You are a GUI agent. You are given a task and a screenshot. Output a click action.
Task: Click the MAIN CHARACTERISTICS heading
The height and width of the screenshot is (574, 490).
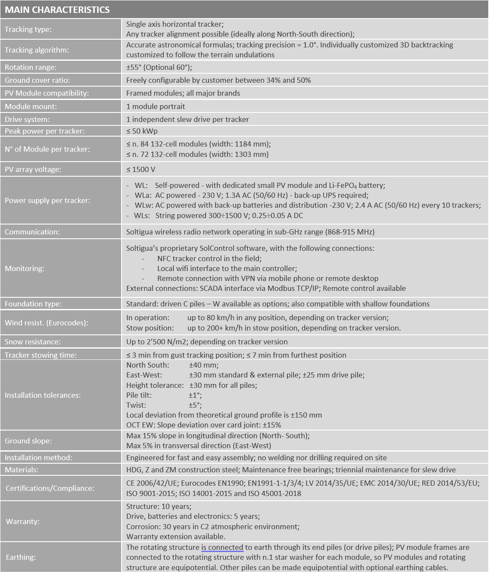point(57,9)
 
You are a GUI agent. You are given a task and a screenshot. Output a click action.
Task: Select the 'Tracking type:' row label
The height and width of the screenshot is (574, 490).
point(28,29)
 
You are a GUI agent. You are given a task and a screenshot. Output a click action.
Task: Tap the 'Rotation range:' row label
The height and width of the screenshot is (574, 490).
point(31,67)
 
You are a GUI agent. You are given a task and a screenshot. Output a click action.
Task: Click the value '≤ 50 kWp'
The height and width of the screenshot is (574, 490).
point(142,131)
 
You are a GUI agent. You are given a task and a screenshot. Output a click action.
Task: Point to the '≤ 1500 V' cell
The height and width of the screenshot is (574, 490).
point(141,169)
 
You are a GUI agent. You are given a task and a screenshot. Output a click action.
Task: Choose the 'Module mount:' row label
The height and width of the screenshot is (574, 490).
point(31,106)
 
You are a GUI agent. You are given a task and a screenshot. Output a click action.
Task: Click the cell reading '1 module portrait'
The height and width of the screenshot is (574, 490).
point(156,106)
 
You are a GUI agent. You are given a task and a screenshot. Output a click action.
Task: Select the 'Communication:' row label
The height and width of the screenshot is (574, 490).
point(32,232)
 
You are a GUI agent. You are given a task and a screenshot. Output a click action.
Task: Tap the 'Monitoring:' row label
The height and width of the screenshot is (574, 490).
point(24,268)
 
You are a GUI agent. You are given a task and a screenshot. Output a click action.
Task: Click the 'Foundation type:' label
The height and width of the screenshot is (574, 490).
point(33,304)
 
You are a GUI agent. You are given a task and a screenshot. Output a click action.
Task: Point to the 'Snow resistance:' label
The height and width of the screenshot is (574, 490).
point(33,342)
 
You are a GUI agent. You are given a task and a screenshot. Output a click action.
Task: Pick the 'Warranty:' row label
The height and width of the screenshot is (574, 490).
point(22,521)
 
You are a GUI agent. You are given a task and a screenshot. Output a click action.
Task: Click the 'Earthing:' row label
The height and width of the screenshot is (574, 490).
point(21,557)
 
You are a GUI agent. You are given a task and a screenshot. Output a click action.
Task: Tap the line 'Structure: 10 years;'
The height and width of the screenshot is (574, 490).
point(159,506)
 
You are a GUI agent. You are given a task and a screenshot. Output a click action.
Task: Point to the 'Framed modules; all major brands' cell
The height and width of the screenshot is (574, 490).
point(183,93)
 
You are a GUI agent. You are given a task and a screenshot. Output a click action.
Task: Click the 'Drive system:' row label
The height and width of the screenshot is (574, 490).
point(27,119)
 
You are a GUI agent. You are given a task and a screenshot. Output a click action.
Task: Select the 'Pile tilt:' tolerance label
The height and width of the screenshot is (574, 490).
point(139,395)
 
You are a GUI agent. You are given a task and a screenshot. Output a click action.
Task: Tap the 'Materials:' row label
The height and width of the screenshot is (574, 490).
point(22,470)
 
